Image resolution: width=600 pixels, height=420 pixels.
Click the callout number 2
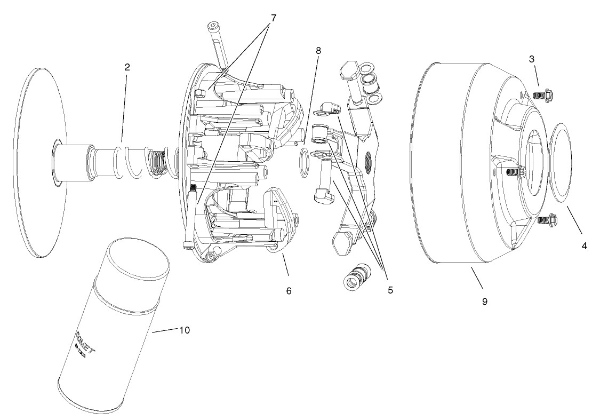(x=127, y=67)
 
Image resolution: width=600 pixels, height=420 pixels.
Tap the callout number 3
(x=532, y=59)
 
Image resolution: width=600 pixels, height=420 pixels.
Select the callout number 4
(x=584, y=246)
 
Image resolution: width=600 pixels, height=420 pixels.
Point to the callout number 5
(x=390, y=290)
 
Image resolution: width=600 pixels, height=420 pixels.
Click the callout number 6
(x=289, y=291)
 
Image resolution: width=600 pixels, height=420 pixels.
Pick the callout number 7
(x=273, y=18)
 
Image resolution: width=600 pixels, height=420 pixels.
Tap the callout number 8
(x=318, y=51)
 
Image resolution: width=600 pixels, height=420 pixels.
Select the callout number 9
(x=485, y=301)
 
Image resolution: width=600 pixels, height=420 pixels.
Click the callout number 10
(x=184, y=330)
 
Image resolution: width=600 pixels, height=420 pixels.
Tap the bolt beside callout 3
(x=543, y=96)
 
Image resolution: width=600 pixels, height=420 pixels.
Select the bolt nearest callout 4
(x=547, y=219)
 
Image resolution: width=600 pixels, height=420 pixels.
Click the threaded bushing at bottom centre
(x=355, y=276)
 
